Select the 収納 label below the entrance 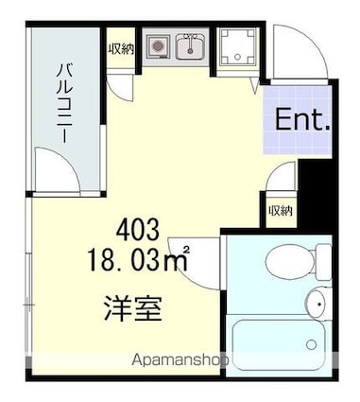click(278, 210)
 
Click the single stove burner click(158, 44)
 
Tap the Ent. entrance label click(300, 120)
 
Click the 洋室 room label click(132, 308)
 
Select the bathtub click(279, 345)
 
